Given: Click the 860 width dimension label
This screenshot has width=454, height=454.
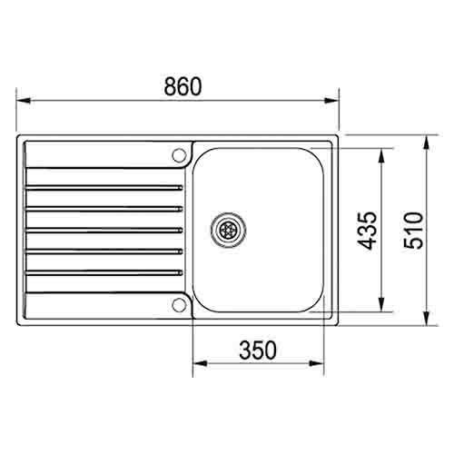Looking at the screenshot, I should (x=182, y=87).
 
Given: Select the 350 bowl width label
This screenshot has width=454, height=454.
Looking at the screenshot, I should (x=258, y=349).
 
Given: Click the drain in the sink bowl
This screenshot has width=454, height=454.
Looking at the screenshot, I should (x=227, y=229).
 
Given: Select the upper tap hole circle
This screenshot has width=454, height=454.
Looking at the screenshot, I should (x=179, y=153).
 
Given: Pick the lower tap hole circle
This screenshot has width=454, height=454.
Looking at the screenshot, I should (x=179, y=304).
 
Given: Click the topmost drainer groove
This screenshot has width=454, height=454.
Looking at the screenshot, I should (x=104, y=187).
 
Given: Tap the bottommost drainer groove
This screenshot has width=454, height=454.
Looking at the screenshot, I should (x=104, y=271).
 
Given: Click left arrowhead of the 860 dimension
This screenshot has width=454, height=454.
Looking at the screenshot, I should (x=21, y=101).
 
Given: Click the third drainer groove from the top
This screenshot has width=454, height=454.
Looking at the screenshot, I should (x=104, y=229).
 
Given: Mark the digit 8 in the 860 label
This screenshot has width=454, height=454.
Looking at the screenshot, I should (x=170, y=87).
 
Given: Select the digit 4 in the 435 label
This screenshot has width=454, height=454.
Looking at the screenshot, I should (x=366, y=242).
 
